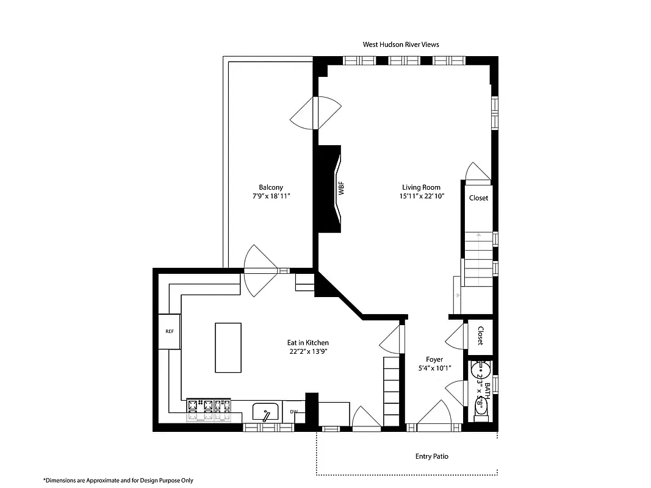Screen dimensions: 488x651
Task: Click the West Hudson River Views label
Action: pos(401,45)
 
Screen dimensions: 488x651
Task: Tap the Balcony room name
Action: pos(271,187)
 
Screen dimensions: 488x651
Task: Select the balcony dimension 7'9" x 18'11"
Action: pos(271,196)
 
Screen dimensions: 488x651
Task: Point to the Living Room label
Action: pos(421,187)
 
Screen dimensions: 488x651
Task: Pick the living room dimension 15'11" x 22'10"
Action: pos(421,196)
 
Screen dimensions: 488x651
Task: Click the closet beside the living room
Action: pos(478,198)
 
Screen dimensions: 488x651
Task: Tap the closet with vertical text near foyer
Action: pos(480,336)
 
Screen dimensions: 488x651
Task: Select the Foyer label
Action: pos(434,359)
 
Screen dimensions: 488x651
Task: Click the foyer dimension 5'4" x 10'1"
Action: pos(434,368)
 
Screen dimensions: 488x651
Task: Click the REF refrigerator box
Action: pos(170,331)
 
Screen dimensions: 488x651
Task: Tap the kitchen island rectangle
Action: pos(228,348)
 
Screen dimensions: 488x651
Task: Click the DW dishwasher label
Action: pos(293,412)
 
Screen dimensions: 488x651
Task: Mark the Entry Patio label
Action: pos(432,456)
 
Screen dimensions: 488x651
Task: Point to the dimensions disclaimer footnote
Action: pos(118,480)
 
